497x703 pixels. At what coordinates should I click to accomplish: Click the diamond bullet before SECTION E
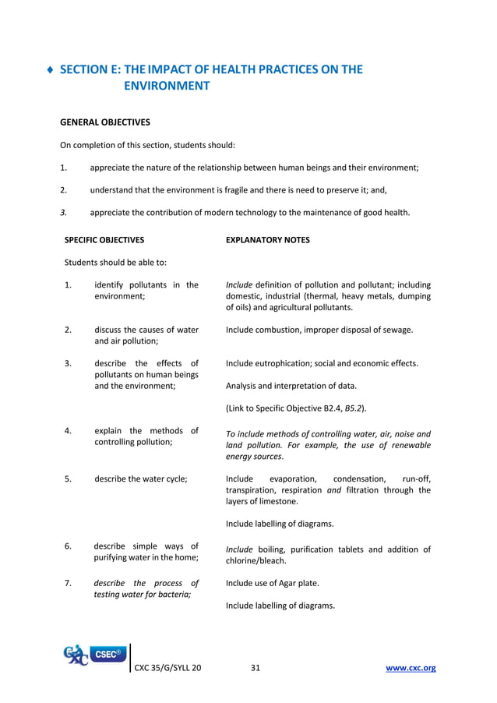click(x=51, y=70)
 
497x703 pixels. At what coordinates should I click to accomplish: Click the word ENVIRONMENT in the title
click(x=167, y=87)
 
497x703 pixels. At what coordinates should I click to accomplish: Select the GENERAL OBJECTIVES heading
click(x=105, y=122)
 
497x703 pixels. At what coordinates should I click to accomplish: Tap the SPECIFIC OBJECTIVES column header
click(x=104, y=240)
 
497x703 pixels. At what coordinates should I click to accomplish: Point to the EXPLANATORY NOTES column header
click(x=267, y=240)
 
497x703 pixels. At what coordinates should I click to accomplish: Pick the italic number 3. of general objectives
click(x=64, y=212)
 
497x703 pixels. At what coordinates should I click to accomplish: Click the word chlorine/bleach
click(x=256, y=560)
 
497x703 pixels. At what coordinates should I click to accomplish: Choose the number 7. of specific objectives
click(x=69, y=583)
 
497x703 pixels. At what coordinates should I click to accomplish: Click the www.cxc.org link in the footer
click(x=411, y=668)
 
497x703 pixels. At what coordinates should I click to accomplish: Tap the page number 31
click(x=256, y=668)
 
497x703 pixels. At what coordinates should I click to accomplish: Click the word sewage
click(x=397, y=330)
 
